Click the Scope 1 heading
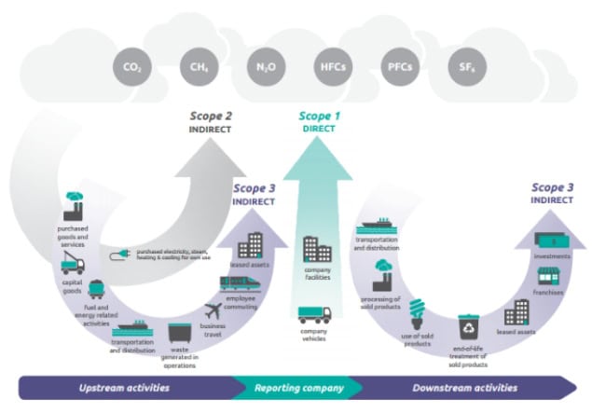pyautogui.click(x=319, y=117)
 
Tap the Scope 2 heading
pyautogui.click(x=211, y=117)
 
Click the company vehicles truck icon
pyautogui.click(x=313, y=314)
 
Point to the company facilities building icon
pyautogui.click(x=317, y=249)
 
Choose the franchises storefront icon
pyautogui.click(x=547, y=277)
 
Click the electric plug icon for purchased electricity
pyautogui.click(x=121, y=253)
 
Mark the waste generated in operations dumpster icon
pyautogui.click(x=180, y=333)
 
